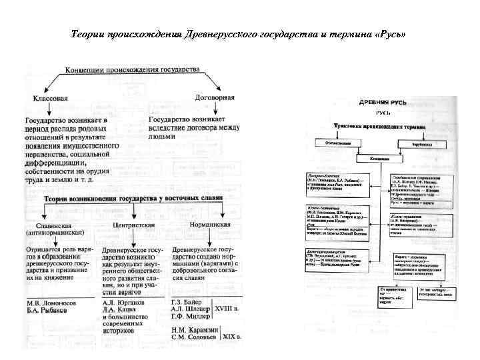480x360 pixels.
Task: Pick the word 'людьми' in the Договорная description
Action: point(163,137)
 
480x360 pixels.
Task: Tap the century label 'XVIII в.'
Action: point(230,309)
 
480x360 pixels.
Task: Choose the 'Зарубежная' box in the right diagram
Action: point(421,143)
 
